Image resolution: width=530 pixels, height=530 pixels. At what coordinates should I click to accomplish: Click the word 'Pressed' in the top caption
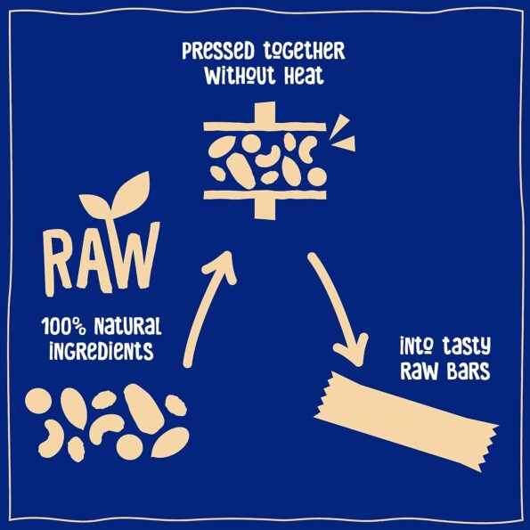coord(218,52)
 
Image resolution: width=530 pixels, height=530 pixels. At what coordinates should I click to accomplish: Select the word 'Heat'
coord(304,77)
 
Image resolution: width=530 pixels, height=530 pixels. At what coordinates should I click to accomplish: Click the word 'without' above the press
coord(240,77)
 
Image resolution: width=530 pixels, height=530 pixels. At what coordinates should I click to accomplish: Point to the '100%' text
coord(63,327)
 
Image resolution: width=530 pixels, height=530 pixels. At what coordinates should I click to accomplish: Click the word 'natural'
coord(127,327)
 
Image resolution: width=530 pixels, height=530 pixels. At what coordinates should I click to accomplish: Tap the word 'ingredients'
coord(102,351)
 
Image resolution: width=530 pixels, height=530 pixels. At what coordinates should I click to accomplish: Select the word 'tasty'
coord(467,347)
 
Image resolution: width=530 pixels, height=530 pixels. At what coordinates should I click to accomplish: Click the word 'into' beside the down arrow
coord(417,346)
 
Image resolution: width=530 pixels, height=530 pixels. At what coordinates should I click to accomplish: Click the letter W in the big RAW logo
coord(135,256)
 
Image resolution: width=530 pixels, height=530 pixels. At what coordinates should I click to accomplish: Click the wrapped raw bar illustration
coord(406,421)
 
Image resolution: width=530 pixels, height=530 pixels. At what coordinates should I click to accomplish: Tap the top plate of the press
coord(265,126)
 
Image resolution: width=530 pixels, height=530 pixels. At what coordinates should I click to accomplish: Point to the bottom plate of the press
coord(265,195)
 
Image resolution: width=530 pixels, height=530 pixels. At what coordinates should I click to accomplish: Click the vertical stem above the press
coord(265,112)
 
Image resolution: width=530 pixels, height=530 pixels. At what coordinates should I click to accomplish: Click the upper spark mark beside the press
coord(339,125)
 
